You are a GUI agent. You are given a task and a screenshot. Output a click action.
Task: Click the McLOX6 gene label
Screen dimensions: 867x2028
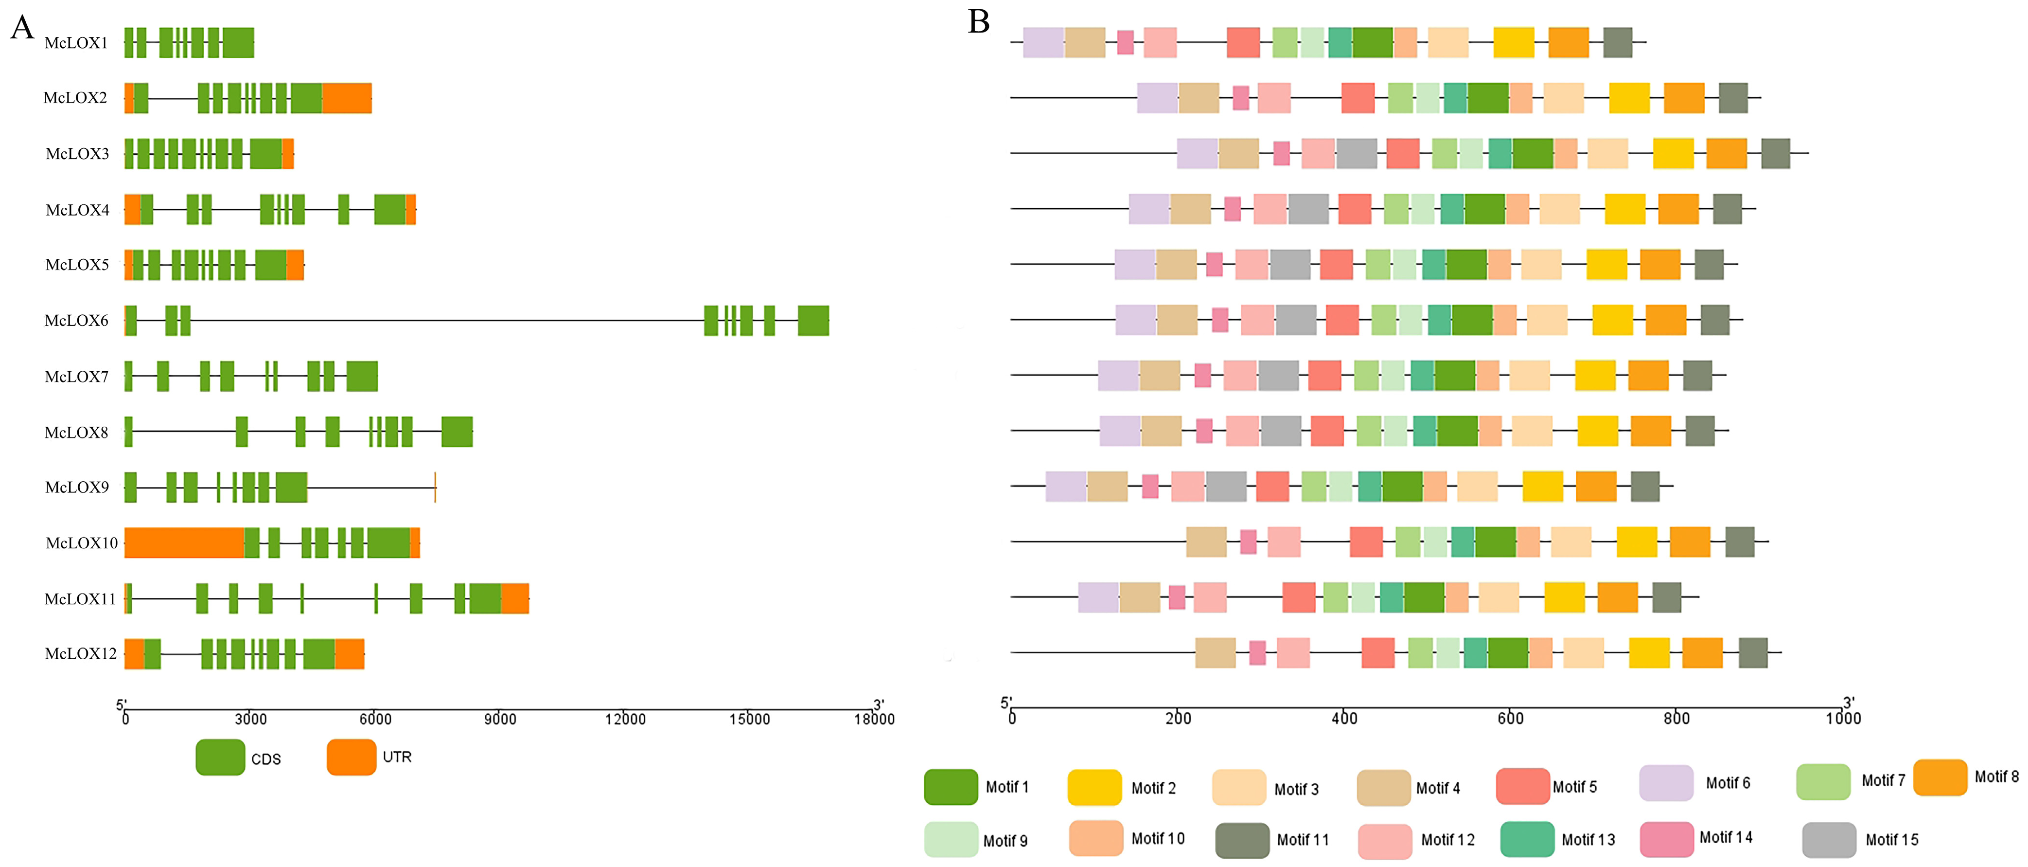click(x=76, y=321)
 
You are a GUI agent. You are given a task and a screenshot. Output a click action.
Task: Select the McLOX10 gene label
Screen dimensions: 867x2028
click(x=81, y=543)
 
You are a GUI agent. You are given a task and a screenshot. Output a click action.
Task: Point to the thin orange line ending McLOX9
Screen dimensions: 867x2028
click(x=435, y=488)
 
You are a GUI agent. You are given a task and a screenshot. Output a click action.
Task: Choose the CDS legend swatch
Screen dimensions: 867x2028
click(x=220, y=758)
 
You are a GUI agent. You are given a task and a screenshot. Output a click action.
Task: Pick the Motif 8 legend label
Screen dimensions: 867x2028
click(x=1996, y=777)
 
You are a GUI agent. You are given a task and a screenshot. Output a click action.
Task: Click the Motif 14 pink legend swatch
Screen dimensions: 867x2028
click(x=1667, y=839)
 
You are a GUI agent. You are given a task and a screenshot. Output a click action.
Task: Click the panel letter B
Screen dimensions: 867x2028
click(x=979, y=22)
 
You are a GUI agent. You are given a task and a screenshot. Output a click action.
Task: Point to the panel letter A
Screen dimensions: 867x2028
click(x=22, y=28)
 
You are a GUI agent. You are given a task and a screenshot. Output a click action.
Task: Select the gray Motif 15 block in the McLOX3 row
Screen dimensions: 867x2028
click(x=1357, y=154)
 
